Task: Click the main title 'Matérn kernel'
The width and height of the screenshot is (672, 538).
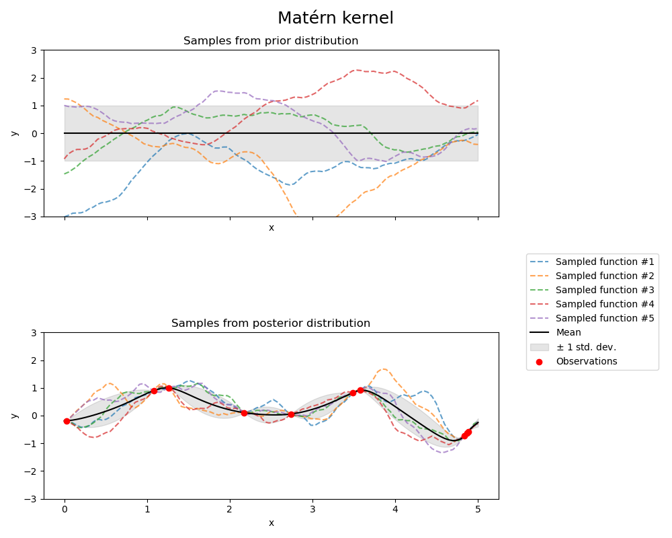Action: (x=335, y=18)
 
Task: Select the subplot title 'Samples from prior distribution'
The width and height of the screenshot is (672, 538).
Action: (x=271, y=41)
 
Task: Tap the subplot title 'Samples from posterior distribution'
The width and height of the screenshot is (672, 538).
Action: (x=271, y=323)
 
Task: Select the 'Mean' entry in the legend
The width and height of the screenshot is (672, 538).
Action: (x=568, y=332)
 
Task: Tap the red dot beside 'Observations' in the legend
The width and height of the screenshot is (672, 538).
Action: (x=540, y=361)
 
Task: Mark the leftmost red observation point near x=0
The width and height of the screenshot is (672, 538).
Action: (x=67, y=421)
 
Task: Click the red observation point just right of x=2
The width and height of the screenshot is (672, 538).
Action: (x=244, y=413)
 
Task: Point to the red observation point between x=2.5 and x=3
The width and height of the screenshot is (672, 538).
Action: (x=291, y=414)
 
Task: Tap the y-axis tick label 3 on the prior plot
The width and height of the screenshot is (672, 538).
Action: (x=34, y=50)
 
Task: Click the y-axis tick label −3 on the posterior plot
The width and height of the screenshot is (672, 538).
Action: (x=31, y=499)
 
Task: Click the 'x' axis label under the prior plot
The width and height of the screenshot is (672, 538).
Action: (x=271, y=228)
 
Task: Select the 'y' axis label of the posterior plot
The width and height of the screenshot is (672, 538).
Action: (x=14, y=416)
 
